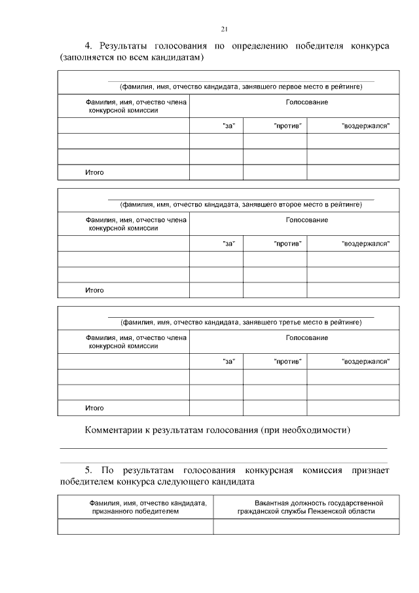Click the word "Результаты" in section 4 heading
(x=124, y=46)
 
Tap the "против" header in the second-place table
(x=287, y=244)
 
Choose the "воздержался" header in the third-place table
(x=365, y=362)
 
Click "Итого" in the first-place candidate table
(x=94, y=173)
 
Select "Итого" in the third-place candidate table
(x=94, y=408)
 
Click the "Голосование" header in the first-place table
(x=306, y=102)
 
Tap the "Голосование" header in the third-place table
(x=306, y=338)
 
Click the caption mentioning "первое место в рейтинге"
(x=240, y=87)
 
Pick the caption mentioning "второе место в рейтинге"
(x=240, y=204)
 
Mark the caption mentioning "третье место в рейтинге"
(x=240, y=322)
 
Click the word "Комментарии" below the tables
(x=115, y=430)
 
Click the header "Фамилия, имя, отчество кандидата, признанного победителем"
(x=135, y=507)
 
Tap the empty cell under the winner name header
(x=135, y=527)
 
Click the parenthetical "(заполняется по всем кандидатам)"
(x=131, y=58)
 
